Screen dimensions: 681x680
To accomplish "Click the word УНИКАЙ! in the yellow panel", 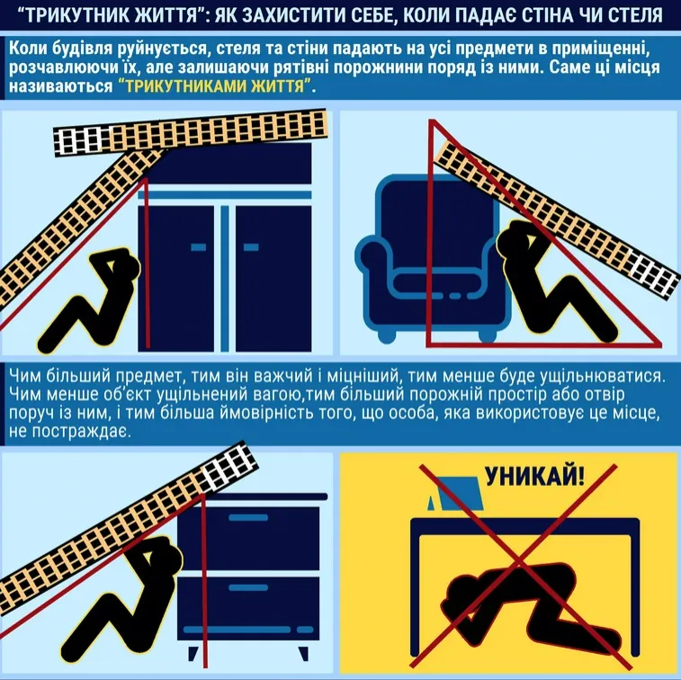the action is click(534, 476).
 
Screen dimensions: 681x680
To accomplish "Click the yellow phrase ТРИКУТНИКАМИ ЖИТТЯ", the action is click(215, 86).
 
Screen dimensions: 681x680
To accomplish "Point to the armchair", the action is click(431, 257).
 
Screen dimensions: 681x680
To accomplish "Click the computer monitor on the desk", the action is click(457, 493).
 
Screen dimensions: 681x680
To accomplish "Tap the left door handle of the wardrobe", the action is click(199, 247).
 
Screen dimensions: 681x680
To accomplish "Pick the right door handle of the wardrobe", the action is click(251, 247).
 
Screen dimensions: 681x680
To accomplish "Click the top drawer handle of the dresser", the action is click(249, 517).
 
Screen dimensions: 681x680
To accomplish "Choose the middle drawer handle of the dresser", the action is click(249, 587).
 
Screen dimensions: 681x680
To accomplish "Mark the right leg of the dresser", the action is click(303, 653).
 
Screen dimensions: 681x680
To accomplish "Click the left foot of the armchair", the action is click(387, 336).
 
